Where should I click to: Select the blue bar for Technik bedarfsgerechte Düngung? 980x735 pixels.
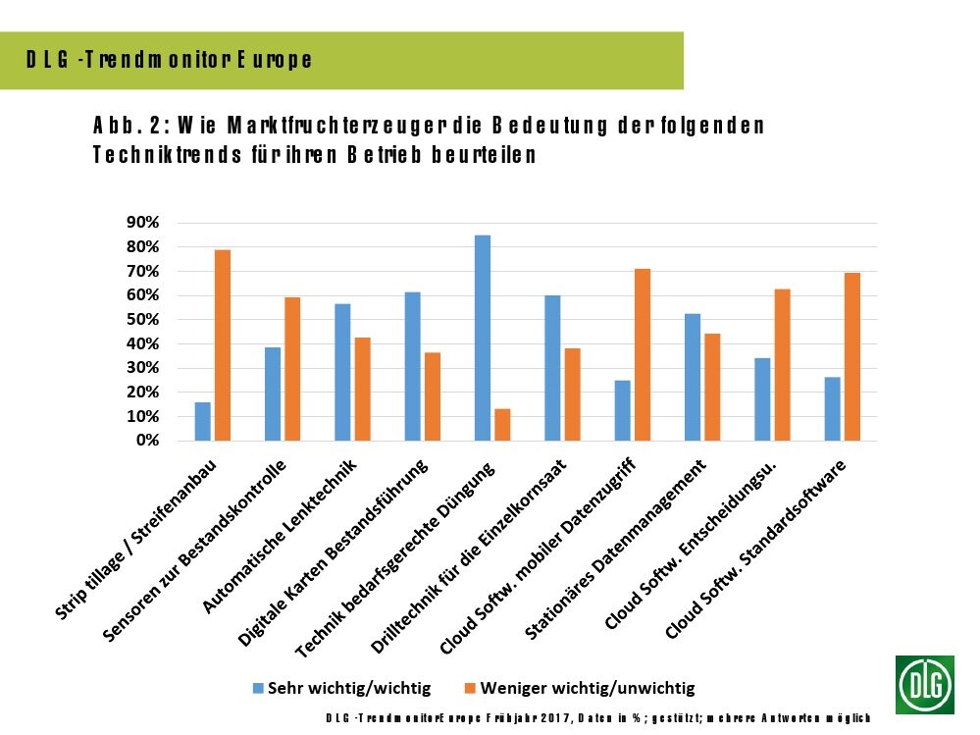coord(483,338)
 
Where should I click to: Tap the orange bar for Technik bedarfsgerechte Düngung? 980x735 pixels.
coord(502,425)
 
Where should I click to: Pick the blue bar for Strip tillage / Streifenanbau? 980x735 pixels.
coord(202,421)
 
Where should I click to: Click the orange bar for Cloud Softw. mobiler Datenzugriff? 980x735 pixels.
coord(643,354)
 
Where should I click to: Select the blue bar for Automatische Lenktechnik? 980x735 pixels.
coord(342,372)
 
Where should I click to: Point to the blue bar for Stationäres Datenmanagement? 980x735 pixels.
coord(693,377)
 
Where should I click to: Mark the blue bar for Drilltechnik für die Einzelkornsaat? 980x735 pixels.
coord(552,368)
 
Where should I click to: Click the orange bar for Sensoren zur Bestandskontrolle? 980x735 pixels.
coord(292,369)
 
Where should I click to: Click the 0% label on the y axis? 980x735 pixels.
coord(146,441)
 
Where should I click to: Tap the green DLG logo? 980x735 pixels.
coord(924,684)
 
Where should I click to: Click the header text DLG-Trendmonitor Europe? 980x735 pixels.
coord(170,60)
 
